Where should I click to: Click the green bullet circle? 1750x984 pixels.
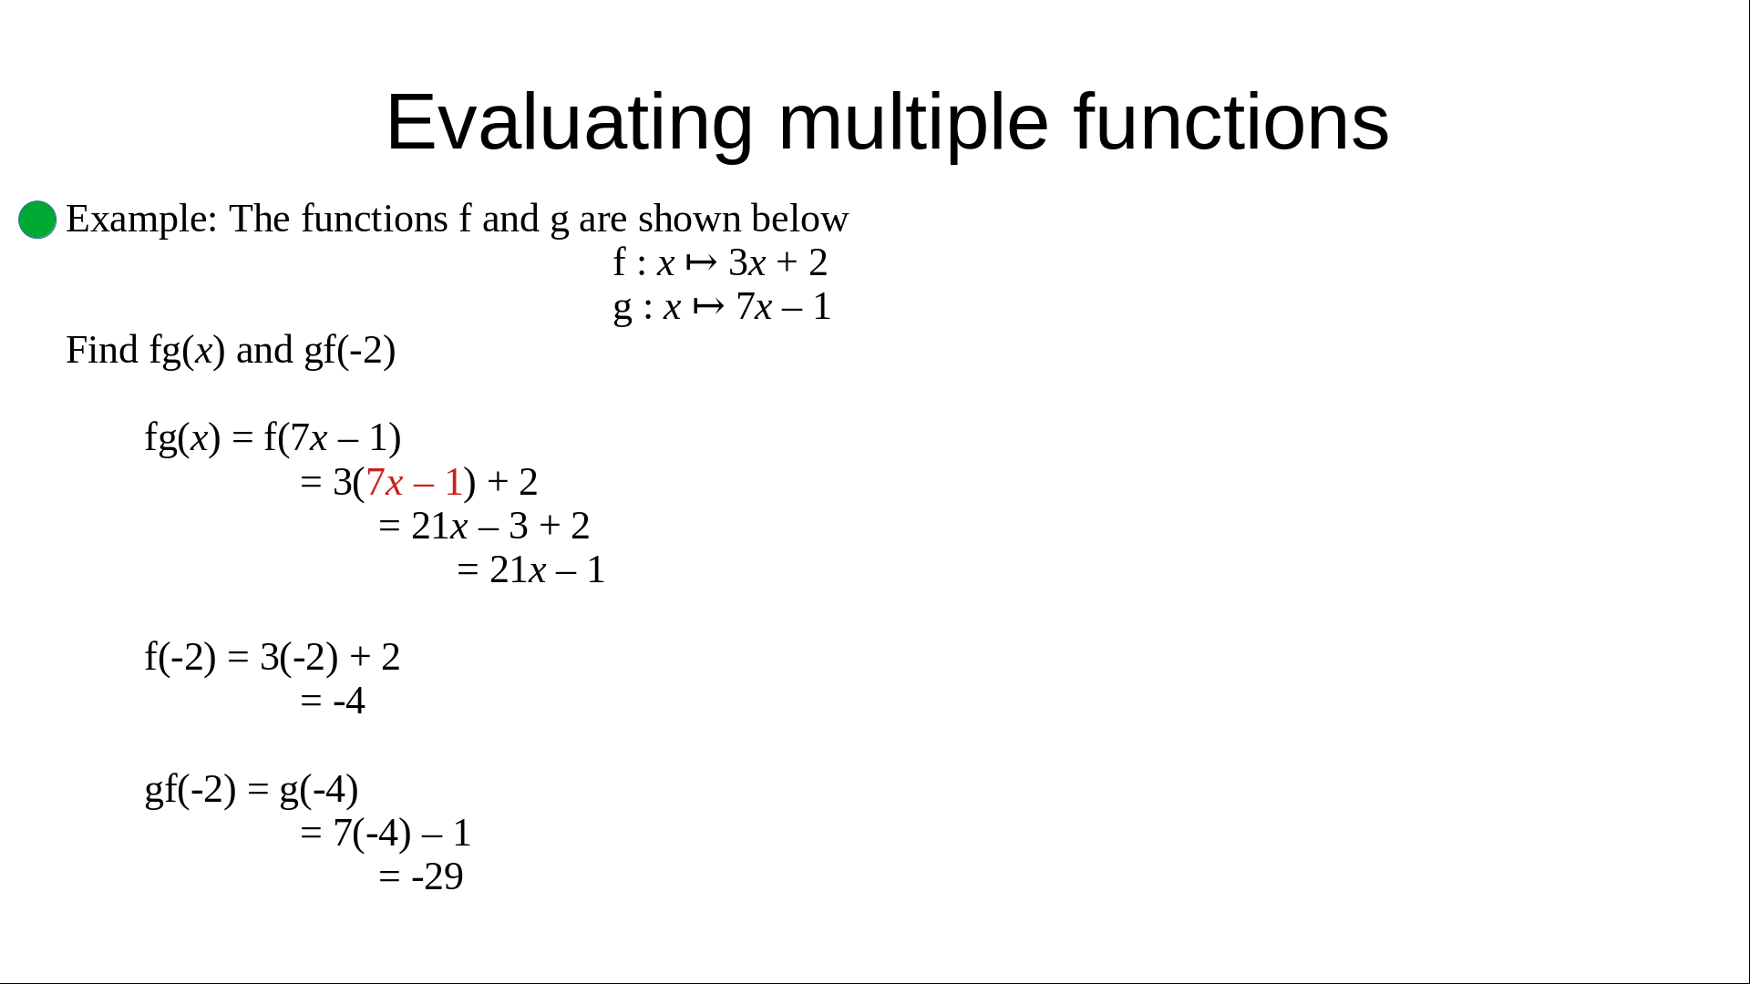tap(37, 220)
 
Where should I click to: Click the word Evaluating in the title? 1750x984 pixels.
tap(570, 123)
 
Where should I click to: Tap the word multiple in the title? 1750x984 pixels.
tap(913, 123)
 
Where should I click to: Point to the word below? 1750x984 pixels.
tap(800, 219)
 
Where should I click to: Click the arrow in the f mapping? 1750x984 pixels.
tap(701, 262)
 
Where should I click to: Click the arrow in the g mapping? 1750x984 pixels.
tap(708, 306)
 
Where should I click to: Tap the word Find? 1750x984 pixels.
tap(102, 350)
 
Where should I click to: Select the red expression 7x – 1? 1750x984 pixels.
tap(415, 482)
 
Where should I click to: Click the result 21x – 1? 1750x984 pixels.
tap(547, 570)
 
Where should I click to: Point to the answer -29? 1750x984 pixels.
tap(437, 876)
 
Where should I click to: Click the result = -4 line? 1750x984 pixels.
tap(333, 701)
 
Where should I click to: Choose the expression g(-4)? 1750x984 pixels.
tap(318, 790)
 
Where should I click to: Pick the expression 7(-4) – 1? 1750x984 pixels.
tap(402, 834)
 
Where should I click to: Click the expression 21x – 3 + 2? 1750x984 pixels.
tap(500, 526)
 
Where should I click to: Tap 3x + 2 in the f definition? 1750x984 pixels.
tap(778, 262)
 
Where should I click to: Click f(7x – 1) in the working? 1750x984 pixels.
tap(333, 438)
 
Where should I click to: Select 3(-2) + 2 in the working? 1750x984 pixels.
tap(330, 658)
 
